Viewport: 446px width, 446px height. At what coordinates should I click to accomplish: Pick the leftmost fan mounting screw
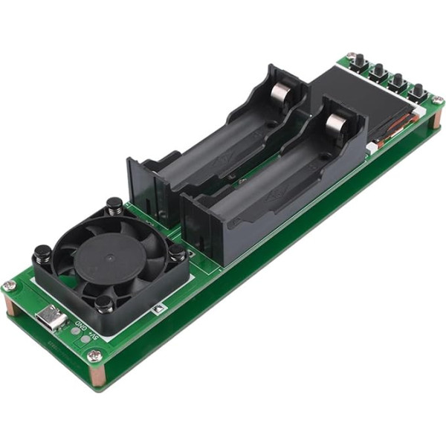pyautogui.click(x=42, y=254)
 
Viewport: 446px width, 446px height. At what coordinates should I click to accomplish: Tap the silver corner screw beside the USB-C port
pyautogui.click(x=9, y=286)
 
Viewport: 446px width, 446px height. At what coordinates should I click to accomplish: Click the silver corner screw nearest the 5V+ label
pyautogui.click(x=94, y=357)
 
